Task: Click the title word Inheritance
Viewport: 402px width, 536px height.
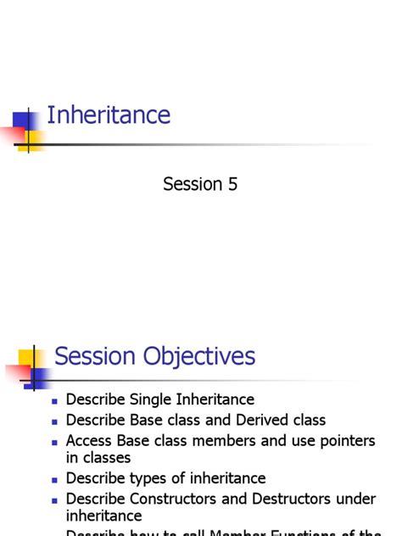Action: [109, 115]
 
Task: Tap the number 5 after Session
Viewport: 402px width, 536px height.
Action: [232, 184]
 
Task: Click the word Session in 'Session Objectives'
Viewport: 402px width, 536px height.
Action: [92, 356]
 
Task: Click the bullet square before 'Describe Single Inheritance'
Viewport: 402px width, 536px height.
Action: [55, 400]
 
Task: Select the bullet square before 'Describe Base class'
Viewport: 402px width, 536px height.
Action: [55, 421]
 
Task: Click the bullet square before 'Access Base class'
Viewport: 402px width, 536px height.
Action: [55, 442]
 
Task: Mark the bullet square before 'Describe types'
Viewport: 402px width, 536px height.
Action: [55, 479]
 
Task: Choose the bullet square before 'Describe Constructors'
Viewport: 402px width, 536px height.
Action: [55, 500]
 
